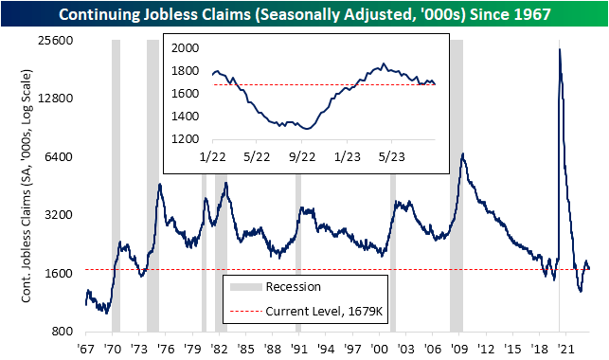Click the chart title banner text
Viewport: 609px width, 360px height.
[304, 14]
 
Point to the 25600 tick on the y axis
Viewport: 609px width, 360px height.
[58, 40]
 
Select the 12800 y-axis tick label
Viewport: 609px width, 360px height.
[58, 99]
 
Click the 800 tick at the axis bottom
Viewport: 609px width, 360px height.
[63, 332]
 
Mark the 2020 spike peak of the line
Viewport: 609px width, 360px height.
[561, 49]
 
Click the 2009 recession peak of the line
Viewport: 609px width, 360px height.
[461, 154]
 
